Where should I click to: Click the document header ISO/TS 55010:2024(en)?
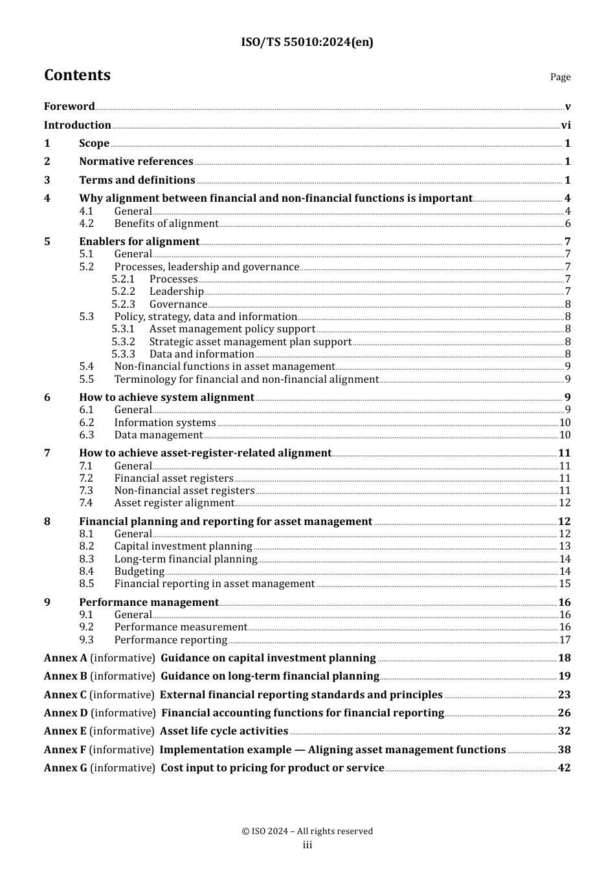[x=307, y=42]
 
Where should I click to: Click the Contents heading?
[x=77, y=75]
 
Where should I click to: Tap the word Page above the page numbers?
[x=560, y=77]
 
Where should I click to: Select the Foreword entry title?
[x=69, y=107]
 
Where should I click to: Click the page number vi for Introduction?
[x=566, y=125]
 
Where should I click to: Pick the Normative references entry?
[x=136, y=162]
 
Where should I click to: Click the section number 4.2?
[x=87, y=224]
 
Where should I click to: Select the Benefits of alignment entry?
[x=166, y=224]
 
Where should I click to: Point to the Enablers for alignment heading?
[x=139, y=242]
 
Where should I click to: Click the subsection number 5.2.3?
[x=123, y=305]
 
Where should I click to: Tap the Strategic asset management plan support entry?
[x=251, y=342]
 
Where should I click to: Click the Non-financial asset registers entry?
[x=184, y=491]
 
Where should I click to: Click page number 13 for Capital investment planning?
[x=565, y=546]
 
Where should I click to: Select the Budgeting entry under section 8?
[x=139, y=572]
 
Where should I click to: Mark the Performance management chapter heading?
[x=149, y=603]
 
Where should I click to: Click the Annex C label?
[x=65, y=695]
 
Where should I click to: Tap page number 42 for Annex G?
[x=565, y=768]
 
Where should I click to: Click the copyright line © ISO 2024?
[x=307, y=831]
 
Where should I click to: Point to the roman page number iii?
[x=307, y=845]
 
